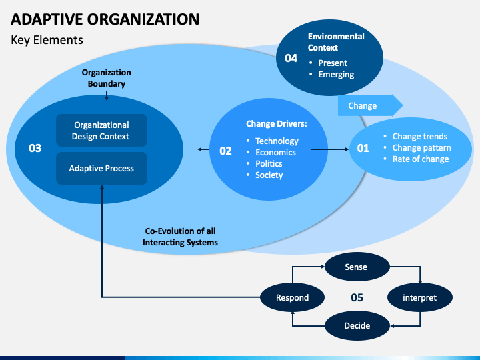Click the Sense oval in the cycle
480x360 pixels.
[x=357, y=267]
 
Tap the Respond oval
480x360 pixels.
[x=293, y=297]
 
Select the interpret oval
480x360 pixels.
[x=420, y=297]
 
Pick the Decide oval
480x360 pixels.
[x=357, y=325]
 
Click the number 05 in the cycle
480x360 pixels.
[x=357, y=297]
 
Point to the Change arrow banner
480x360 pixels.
[x=370, y=105]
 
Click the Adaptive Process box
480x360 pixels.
[x=101, y=169]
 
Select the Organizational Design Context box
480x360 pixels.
[x=101, y=131]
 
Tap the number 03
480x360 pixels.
[x=35, y=148]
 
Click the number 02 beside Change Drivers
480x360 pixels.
[x=225, y=151]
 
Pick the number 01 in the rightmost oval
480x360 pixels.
[x=363, y=148]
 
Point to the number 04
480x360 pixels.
[x=291, y=58]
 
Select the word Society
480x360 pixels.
[x=269, y=175]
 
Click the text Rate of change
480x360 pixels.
[x=421, y=159]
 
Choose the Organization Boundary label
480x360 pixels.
[x=107, y=78]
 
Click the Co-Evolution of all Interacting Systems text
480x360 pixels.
[x=180, y=237]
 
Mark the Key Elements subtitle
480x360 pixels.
[x=47, y=40]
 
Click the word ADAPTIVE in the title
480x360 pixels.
[x=47, y=19]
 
